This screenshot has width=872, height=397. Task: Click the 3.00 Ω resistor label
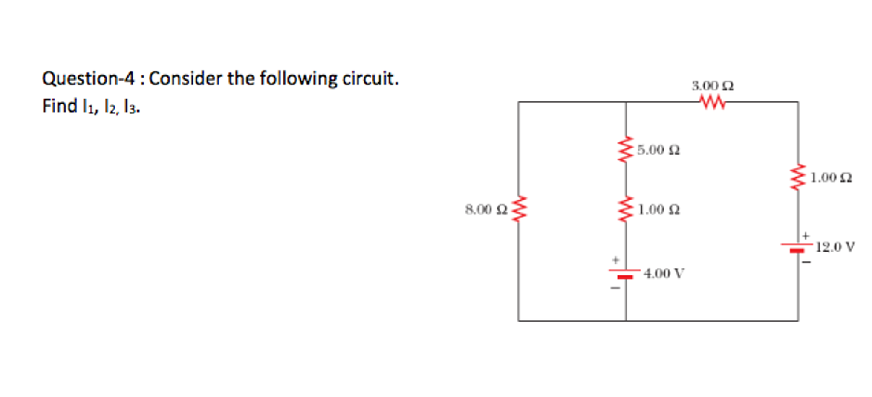(x=712, y=86)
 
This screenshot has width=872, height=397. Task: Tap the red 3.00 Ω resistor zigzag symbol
(x=712, y=102)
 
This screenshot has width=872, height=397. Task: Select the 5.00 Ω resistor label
(x=658, y=150)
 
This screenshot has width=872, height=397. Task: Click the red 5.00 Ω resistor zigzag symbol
(x=626, y=150)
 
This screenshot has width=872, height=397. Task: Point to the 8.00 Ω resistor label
(x=486, y=209)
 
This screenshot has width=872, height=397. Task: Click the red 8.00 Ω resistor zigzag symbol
(x=519, y=209)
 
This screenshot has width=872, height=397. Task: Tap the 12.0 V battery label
(x=835, y=247)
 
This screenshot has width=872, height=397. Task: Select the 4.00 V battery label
(x=664, y=273)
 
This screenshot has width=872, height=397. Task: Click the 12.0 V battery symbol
(x=797, y=247)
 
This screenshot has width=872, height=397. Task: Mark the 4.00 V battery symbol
(x=625, y=273)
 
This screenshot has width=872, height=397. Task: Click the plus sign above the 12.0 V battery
(x=806, y=235)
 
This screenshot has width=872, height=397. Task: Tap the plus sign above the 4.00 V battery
(x=615, y=260)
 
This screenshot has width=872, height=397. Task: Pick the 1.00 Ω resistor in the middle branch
(x=626, y=209)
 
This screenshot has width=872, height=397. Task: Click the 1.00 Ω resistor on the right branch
(x=798, y=177)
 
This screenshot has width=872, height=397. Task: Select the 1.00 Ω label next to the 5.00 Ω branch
(x=659, y=209)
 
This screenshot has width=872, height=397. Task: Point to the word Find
(x=60, y=106)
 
